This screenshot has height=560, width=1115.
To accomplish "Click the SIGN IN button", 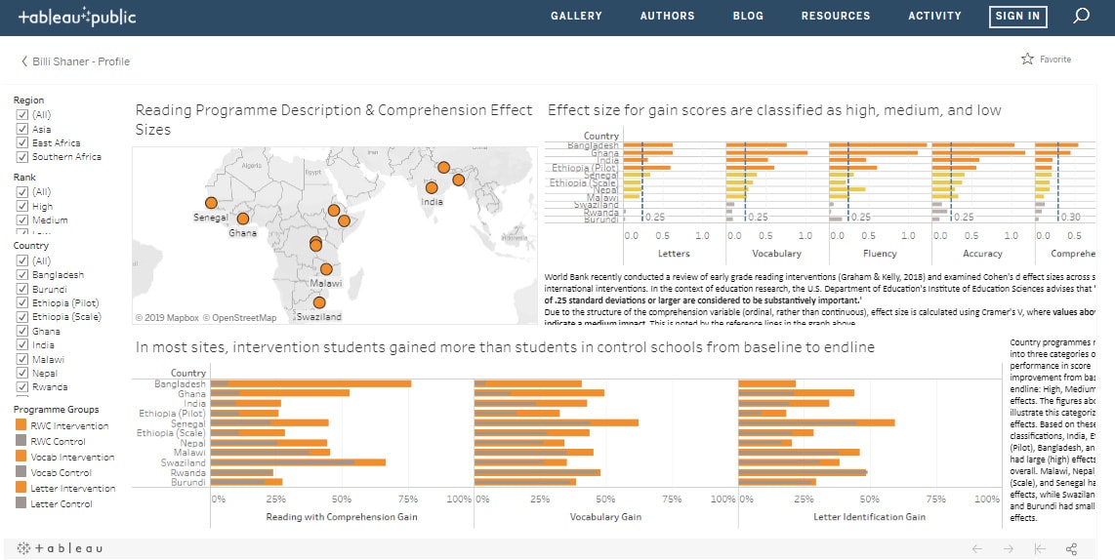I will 1017,16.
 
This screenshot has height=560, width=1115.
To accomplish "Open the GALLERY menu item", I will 576,16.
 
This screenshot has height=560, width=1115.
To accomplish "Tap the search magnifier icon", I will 1081,16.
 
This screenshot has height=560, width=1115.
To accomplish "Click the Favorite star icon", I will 1027,60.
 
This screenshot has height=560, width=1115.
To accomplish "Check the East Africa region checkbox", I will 21,142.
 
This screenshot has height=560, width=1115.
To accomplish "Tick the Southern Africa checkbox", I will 21,156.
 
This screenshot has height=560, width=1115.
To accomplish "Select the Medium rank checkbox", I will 21,220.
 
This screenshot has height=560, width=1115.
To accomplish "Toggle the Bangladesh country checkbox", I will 21,275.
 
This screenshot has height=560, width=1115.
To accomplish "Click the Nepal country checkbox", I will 21,373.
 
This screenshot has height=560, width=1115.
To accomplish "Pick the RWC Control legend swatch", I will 21,442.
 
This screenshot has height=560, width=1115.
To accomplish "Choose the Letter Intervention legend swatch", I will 21,488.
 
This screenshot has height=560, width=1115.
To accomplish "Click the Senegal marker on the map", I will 210,203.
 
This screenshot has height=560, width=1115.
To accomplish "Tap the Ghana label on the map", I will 242,233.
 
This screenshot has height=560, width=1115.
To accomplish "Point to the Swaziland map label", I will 319,317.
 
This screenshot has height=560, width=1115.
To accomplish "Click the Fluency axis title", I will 880,254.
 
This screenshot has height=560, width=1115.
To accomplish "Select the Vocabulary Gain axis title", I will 605,516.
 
